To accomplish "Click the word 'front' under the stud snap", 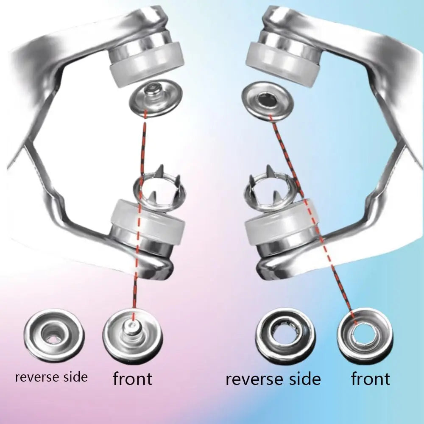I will point(132,379).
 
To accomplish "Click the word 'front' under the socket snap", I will point(370,379).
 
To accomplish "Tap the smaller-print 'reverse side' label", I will point(51,377).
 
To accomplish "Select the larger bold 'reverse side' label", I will point(273,379).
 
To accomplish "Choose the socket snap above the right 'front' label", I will point(365,335).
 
